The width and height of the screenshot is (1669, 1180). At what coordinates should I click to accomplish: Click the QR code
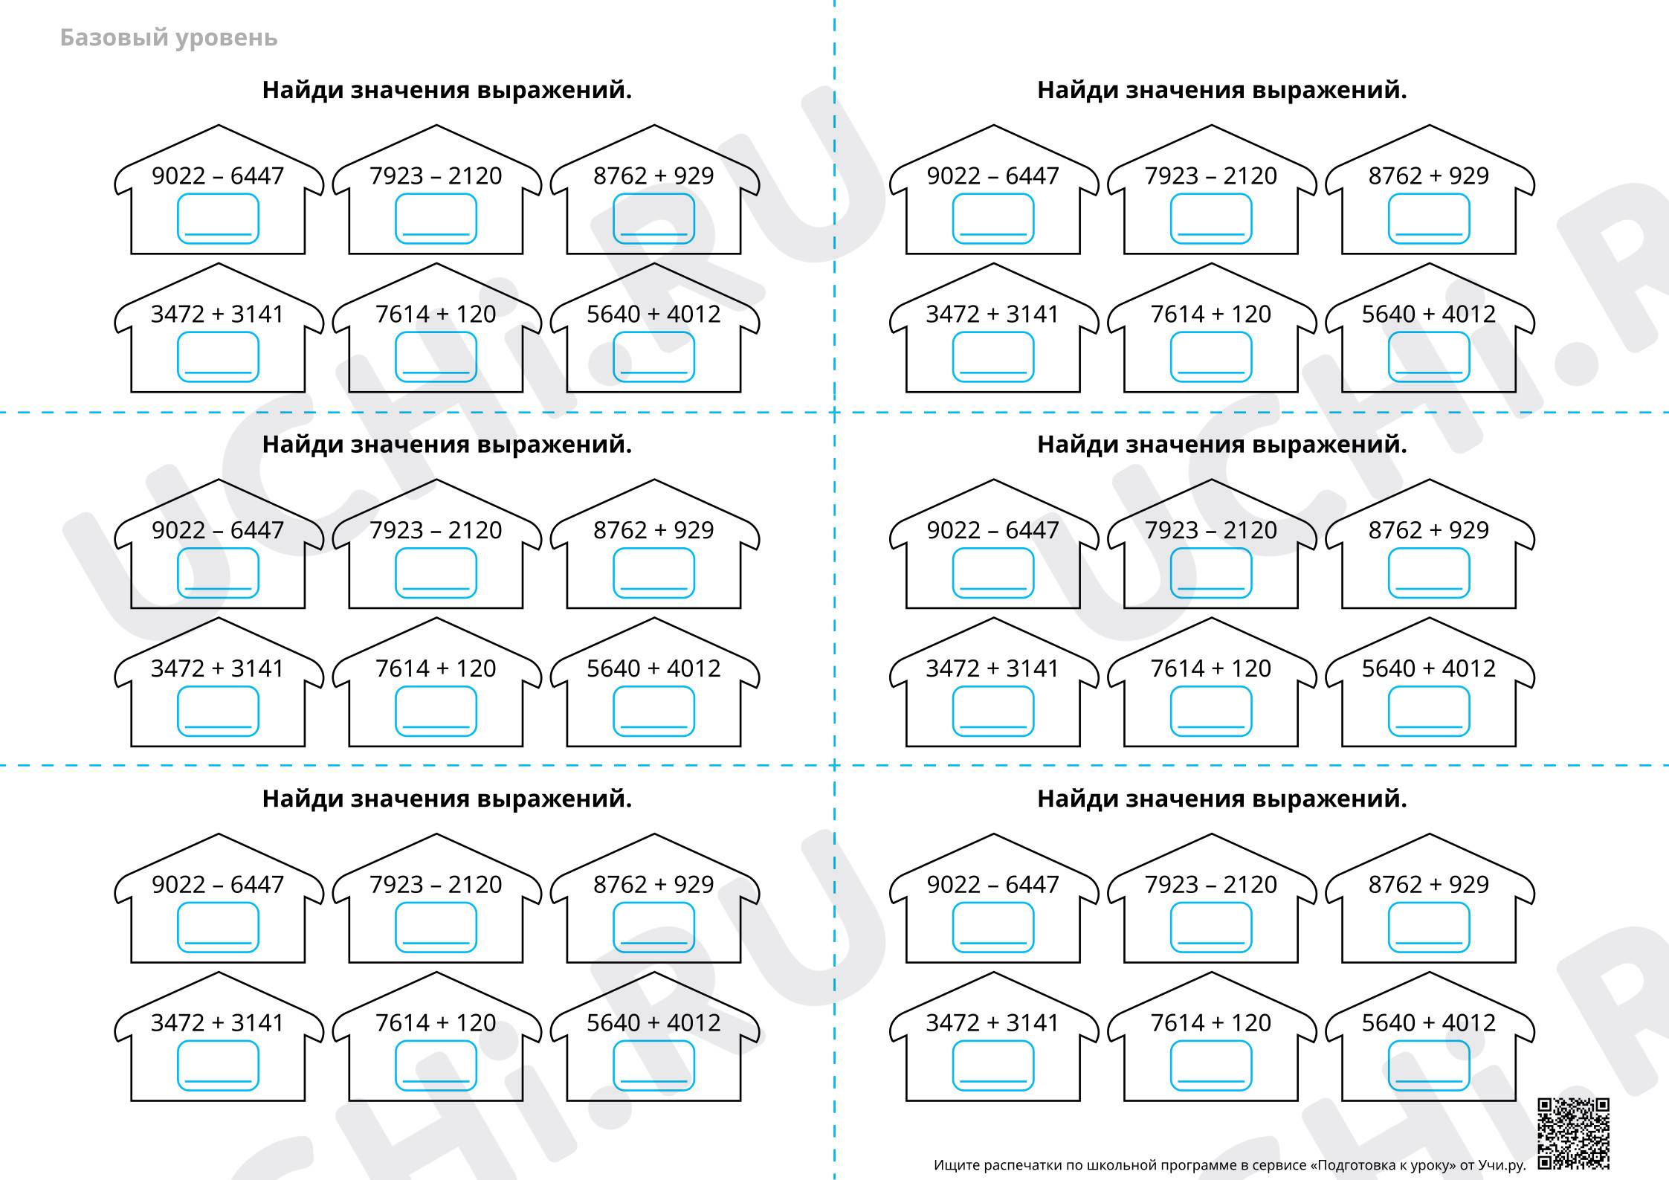pos(1574,1133)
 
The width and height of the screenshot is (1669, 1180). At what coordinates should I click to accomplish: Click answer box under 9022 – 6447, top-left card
pos(218,219)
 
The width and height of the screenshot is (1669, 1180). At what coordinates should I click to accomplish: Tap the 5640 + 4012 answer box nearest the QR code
pos(1429,1065)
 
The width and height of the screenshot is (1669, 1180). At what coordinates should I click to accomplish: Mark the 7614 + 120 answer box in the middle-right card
pos(1211,711)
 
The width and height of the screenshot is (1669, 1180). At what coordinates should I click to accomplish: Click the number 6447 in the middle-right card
pos(1032,530)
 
